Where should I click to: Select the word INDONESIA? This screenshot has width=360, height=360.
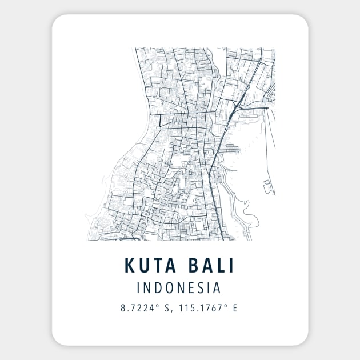[x=180, y=287]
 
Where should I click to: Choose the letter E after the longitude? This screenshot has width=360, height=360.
[x=234, y=308]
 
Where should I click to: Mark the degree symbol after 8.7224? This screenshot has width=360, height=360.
[x=162, y=306]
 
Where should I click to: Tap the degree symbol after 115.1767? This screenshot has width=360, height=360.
[x=226, y=306]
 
